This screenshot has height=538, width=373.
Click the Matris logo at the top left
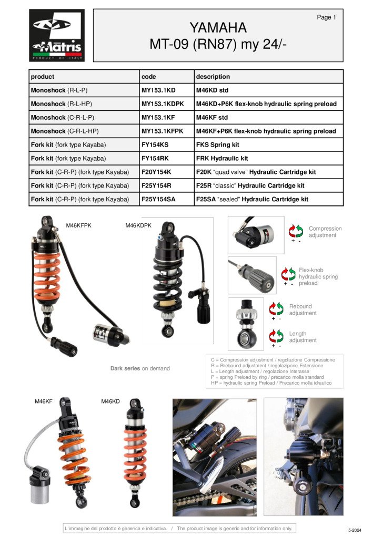click(57, 35)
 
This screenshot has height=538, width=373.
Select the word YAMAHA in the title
click(218, 28)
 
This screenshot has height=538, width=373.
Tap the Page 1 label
click(326, 17)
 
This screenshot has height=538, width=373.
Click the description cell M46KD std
click(212, 90)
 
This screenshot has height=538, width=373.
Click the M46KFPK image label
click(78, 225)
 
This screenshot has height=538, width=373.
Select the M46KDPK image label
click(138, 225)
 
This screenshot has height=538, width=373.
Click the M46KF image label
click(44, 401)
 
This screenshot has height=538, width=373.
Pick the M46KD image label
click(110, 401)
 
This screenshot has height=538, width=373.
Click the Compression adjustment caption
click(325, 232)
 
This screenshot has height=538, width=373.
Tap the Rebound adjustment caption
click(303, 309)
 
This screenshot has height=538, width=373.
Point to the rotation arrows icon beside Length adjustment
click(276, 336)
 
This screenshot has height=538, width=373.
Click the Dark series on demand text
click(140, 368)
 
